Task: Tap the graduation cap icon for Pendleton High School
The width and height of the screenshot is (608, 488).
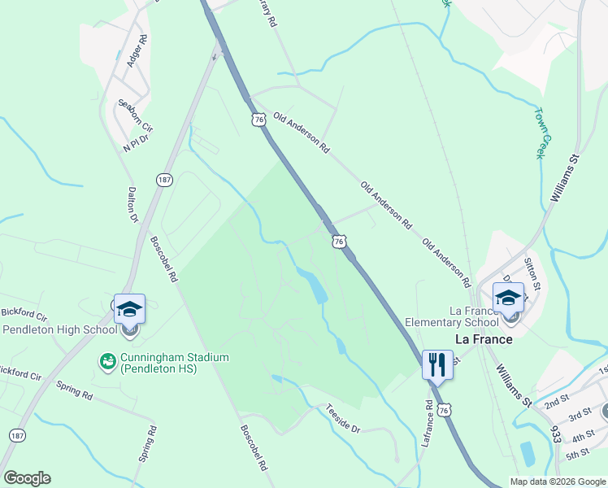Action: point(129,308)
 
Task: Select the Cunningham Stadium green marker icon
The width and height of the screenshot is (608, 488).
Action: point(106,359)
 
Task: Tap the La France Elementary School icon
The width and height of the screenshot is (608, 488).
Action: point(508,297)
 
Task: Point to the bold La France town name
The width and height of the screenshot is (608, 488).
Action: point(483,339)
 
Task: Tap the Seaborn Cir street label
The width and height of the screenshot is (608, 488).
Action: point(135,115)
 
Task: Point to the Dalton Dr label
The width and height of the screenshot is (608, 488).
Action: point(132,205)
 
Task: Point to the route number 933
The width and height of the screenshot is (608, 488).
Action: point(555,438)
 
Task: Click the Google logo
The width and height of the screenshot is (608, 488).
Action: point(27,478)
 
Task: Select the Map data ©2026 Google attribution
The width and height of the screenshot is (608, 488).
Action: point(558,481)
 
